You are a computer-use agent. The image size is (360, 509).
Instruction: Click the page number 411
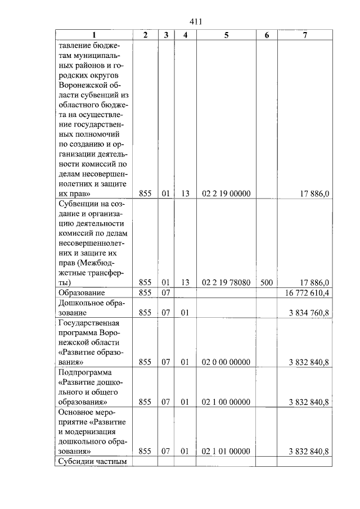196,22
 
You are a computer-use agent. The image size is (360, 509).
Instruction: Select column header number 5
226,35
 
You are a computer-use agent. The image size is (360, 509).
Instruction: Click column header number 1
94,35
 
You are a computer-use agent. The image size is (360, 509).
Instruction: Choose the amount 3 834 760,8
309,313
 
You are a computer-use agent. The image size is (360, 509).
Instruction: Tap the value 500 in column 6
267,282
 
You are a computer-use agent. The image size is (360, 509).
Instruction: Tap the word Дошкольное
84,303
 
